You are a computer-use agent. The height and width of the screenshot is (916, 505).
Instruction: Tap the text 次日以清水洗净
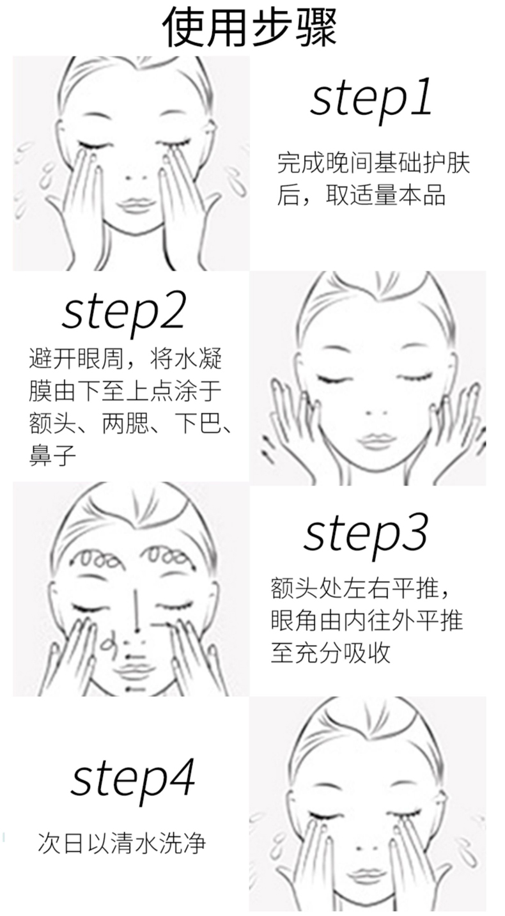click(x=122, y=843)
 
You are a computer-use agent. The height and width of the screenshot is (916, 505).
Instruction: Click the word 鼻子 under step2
click(x=53, y=455)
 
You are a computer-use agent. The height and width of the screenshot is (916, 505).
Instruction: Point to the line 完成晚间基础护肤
click(x=373, y=163)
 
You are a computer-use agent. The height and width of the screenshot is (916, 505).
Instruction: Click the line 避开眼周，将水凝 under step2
click(x=125, y=359)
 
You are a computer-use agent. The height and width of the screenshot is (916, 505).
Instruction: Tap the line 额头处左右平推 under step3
click(x=360, y=589)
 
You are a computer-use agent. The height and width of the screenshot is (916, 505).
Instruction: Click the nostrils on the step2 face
click(x=377, y=414)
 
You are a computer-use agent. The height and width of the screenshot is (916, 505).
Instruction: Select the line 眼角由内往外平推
click(x=367, y=621)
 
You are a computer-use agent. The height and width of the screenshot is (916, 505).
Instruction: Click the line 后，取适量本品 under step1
click(x=361, y=196)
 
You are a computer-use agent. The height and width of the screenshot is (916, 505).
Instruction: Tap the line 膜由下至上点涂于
click(x=125, y=391)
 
